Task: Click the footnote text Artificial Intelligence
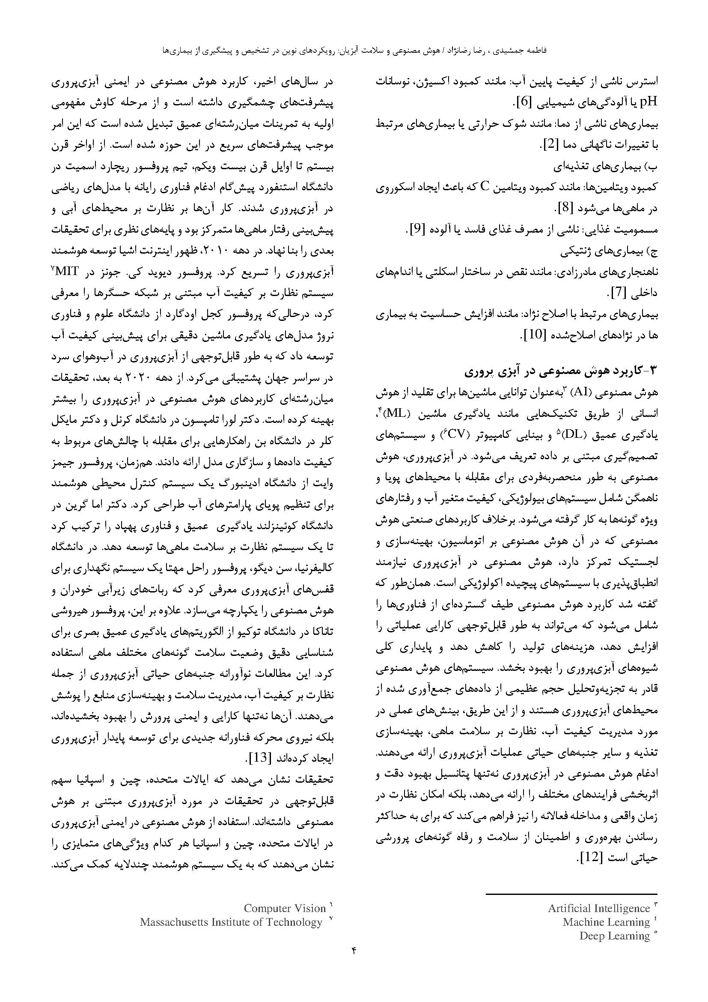[x=598, y=908]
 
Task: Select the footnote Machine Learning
[x=606, y=922]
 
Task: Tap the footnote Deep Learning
[x=614, y=935]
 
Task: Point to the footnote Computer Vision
[x=285, y=908]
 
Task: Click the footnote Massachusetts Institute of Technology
[x=231, y=922]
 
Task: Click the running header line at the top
[x=354, y=51]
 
